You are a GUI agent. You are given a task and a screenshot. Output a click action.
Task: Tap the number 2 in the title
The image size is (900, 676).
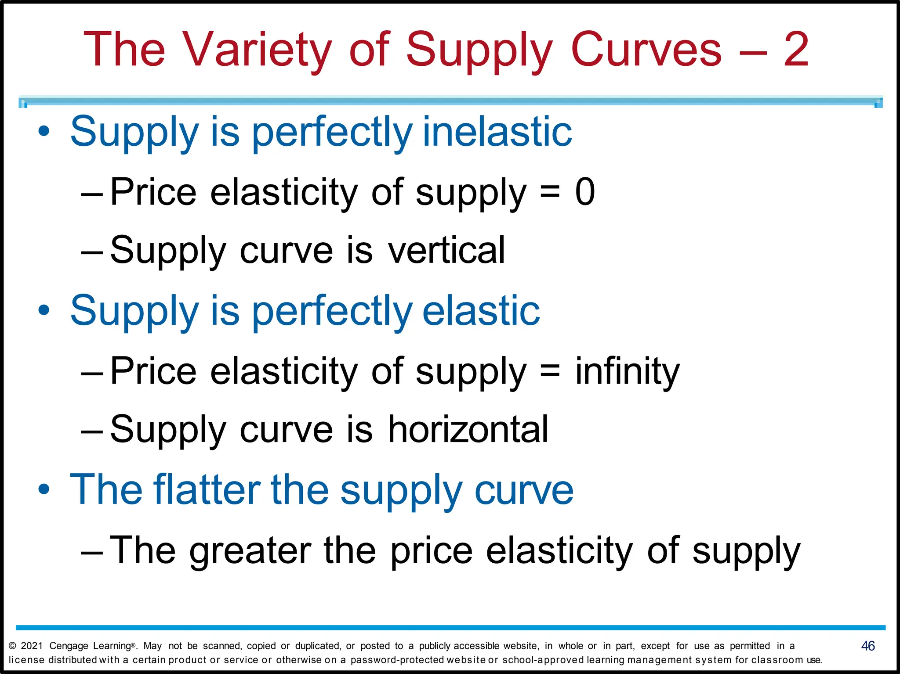tap(796, 49)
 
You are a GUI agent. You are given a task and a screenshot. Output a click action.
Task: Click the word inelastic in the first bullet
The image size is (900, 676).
tap(497, 131)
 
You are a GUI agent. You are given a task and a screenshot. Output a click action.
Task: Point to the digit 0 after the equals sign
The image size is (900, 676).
tap(585, 192)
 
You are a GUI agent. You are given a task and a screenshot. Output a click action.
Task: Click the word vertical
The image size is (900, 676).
tap(446, 250)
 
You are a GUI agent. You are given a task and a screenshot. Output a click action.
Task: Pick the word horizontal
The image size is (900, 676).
tap(468, 429)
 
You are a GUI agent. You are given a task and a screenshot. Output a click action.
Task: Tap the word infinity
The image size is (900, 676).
tap(627, 371)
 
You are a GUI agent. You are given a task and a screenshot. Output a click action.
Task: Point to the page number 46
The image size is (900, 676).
tap(867, 646)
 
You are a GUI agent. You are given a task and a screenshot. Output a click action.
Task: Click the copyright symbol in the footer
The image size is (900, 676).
tap(12, 646)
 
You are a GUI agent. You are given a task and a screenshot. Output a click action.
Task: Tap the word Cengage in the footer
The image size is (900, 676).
tap(69, 646)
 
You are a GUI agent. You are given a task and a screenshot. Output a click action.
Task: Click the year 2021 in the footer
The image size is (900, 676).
tap(32, 646)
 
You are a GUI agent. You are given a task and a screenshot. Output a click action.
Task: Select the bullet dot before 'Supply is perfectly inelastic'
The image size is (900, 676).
tap(44, 131)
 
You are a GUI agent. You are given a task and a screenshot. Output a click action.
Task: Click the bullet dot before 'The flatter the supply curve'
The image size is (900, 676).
tap(44, 489)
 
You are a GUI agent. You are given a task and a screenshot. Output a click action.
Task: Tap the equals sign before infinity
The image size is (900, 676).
tap(550, 371)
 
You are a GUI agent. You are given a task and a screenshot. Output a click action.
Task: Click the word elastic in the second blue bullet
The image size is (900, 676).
tap(481, 310)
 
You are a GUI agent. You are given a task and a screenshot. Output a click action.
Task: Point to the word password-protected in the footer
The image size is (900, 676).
tap(398, 660)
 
